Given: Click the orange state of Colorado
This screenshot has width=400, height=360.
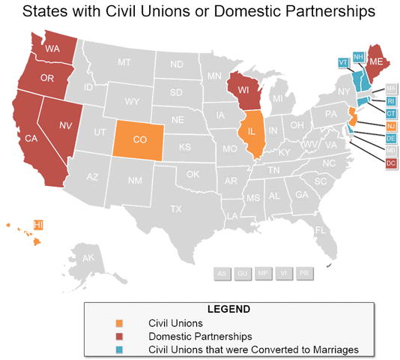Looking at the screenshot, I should [139, 138].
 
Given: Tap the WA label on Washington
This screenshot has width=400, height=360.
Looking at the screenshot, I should [52, 49].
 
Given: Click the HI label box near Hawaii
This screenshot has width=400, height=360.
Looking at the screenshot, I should [38, 224].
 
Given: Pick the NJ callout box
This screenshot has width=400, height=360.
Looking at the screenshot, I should [390, 125].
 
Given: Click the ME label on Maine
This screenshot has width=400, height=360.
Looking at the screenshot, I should [377, 61].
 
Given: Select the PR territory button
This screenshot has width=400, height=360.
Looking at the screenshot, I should [304, 274].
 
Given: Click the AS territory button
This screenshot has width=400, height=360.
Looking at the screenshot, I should [222, 274].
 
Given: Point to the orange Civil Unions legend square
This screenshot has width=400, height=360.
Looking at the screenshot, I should [118, 323].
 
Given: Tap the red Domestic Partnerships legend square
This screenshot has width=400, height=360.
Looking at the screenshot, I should [118, 336].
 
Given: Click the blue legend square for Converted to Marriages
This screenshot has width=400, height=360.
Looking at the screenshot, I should [118, 349].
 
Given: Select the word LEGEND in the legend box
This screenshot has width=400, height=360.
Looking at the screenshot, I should [228, 309].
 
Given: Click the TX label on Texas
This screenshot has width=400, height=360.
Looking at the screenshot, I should [176, 208].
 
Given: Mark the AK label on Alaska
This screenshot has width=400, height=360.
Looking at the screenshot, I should [88, 258].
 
